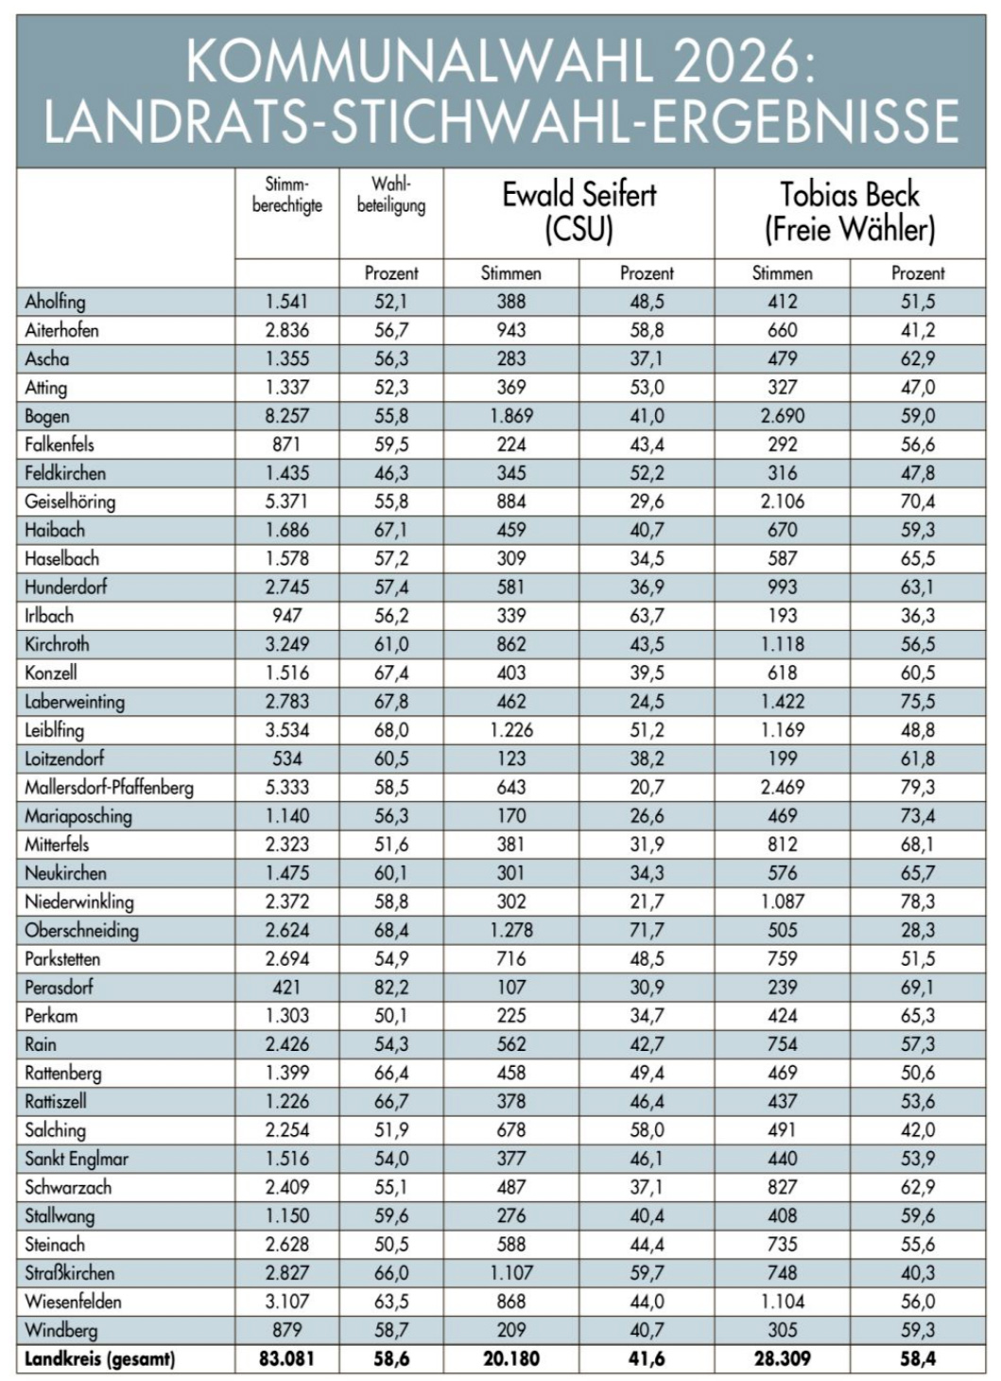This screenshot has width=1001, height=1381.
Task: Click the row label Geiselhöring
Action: click(x=70, y=501)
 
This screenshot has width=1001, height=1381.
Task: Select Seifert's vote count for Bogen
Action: click(x=510, y=416)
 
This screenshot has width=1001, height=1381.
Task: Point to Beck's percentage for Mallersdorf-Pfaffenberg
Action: click(x=917, y=787)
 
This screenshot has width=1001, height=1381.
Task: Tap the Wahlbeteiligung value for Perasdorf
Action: click(x=390, y=988)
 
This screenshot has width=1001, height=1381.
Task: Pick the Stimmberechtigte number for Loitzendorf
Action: click(x=286, y=759)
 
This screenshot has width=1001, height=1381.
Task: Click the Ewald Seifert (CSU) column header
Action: click(x=578, y=212)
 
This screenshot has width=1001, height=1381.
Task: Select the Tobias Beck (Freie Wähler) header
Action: click(x=849, y=212)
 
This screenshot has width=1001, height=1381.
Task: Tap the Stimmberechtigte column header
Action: click(x=286, y=194)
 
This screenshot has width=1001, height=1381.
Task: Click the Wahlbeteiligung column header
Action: click(x=390, y=194)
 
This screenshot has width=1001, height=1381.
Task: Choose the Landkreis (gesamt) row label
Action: click(x=99, y=1359)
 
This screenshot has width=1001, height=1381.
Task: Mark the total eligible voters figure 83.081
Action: click(x=286, y=1359)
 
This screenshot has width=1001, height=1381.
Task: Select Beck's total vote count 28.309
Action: click(x=782, y=1359)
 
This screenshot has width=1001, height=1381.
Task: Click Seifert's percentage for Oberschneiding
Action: click(x=647, y=930)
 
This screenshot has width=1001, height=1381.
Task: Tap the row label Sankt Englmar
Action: click(x=77, y=1159)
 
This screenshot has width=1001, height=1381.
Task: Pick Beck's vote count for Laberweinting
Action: click(x=782, y=702)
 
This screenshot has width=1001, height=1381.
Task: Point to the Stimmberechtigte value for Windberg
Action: click(x=286, y=1330)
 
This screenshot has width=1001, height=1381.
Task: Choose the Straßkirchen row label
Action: click(x=69, y=1273)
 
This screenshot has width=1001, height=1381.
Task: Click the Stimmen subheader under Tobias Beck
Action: click(x=782, y=273)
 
